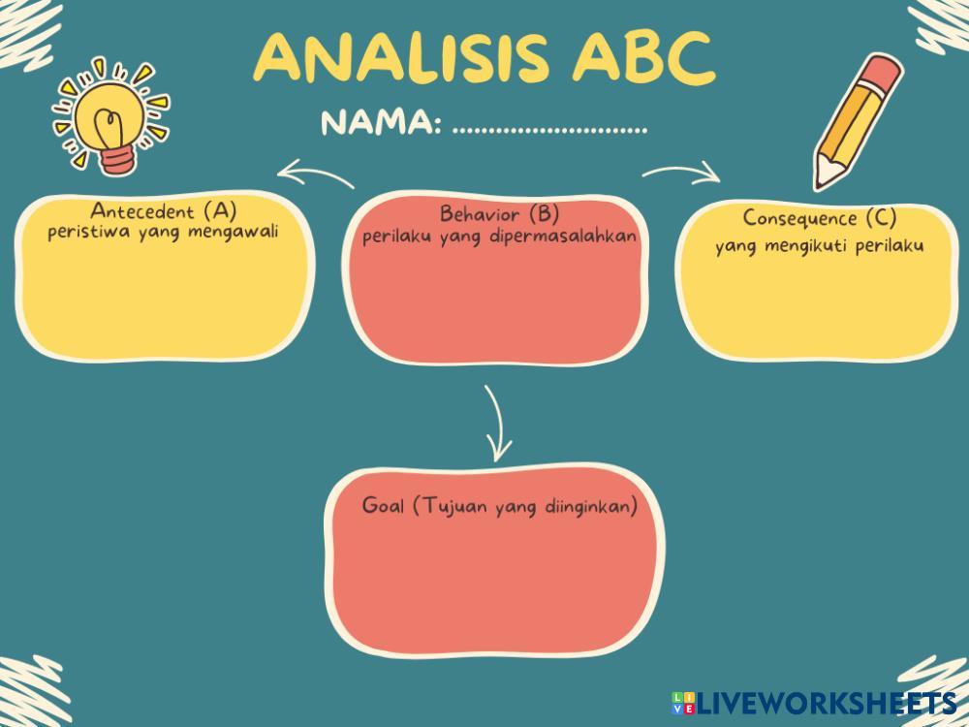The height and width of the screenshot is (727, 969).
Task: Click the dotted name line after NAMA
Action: tap(549, 129)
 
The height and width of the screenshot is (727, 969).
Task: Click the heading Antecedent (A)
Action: tap(164, 210)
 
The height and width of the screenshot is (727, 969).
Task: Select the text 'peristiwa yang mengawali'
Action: tap(156, 232)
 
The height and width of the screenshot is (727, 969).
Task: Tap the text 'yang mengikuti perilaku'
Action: tap(819, 245)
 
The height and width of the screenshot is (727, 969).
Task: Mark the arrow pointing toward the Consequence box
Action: tap(681, 174)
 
